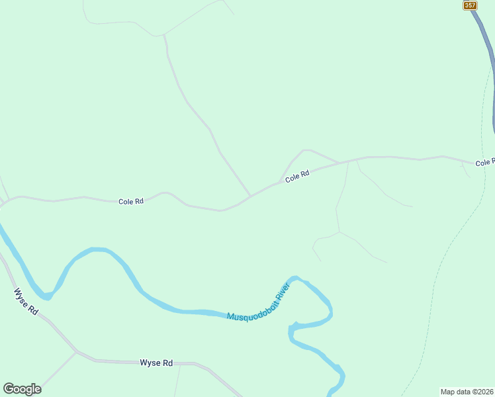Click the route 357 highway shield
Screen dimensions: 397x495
470,5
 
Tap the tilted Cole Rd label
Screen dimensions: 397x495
297,177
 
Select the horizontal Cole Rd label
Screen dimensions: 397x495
131,201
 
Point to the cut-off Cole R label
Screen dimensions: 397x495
484,162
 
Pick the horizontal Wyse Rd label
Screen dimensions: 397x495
156,363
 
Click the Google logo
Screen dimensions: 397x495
22,389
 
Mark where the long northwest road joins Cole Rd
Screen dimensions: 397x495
250,196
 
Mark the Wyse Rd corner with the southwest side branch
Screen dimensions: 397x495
77,351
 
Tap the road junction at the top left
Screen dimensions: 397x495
163,34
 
